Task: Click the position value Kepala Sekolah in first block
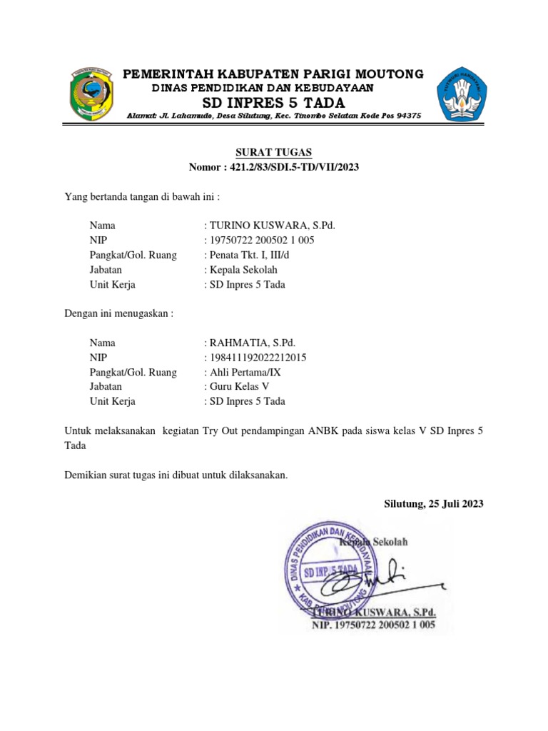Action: click(x=242, y=270)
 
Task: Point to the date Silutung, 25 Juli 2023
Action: click(x=434, y=503)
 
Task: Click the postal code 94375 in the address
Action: click(x=407, y=116)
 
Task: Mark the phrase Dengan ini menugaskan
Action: click(x=118, y=313)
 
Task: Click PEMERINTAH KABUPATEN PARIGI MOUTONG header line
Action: click(x=274, y=74)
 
